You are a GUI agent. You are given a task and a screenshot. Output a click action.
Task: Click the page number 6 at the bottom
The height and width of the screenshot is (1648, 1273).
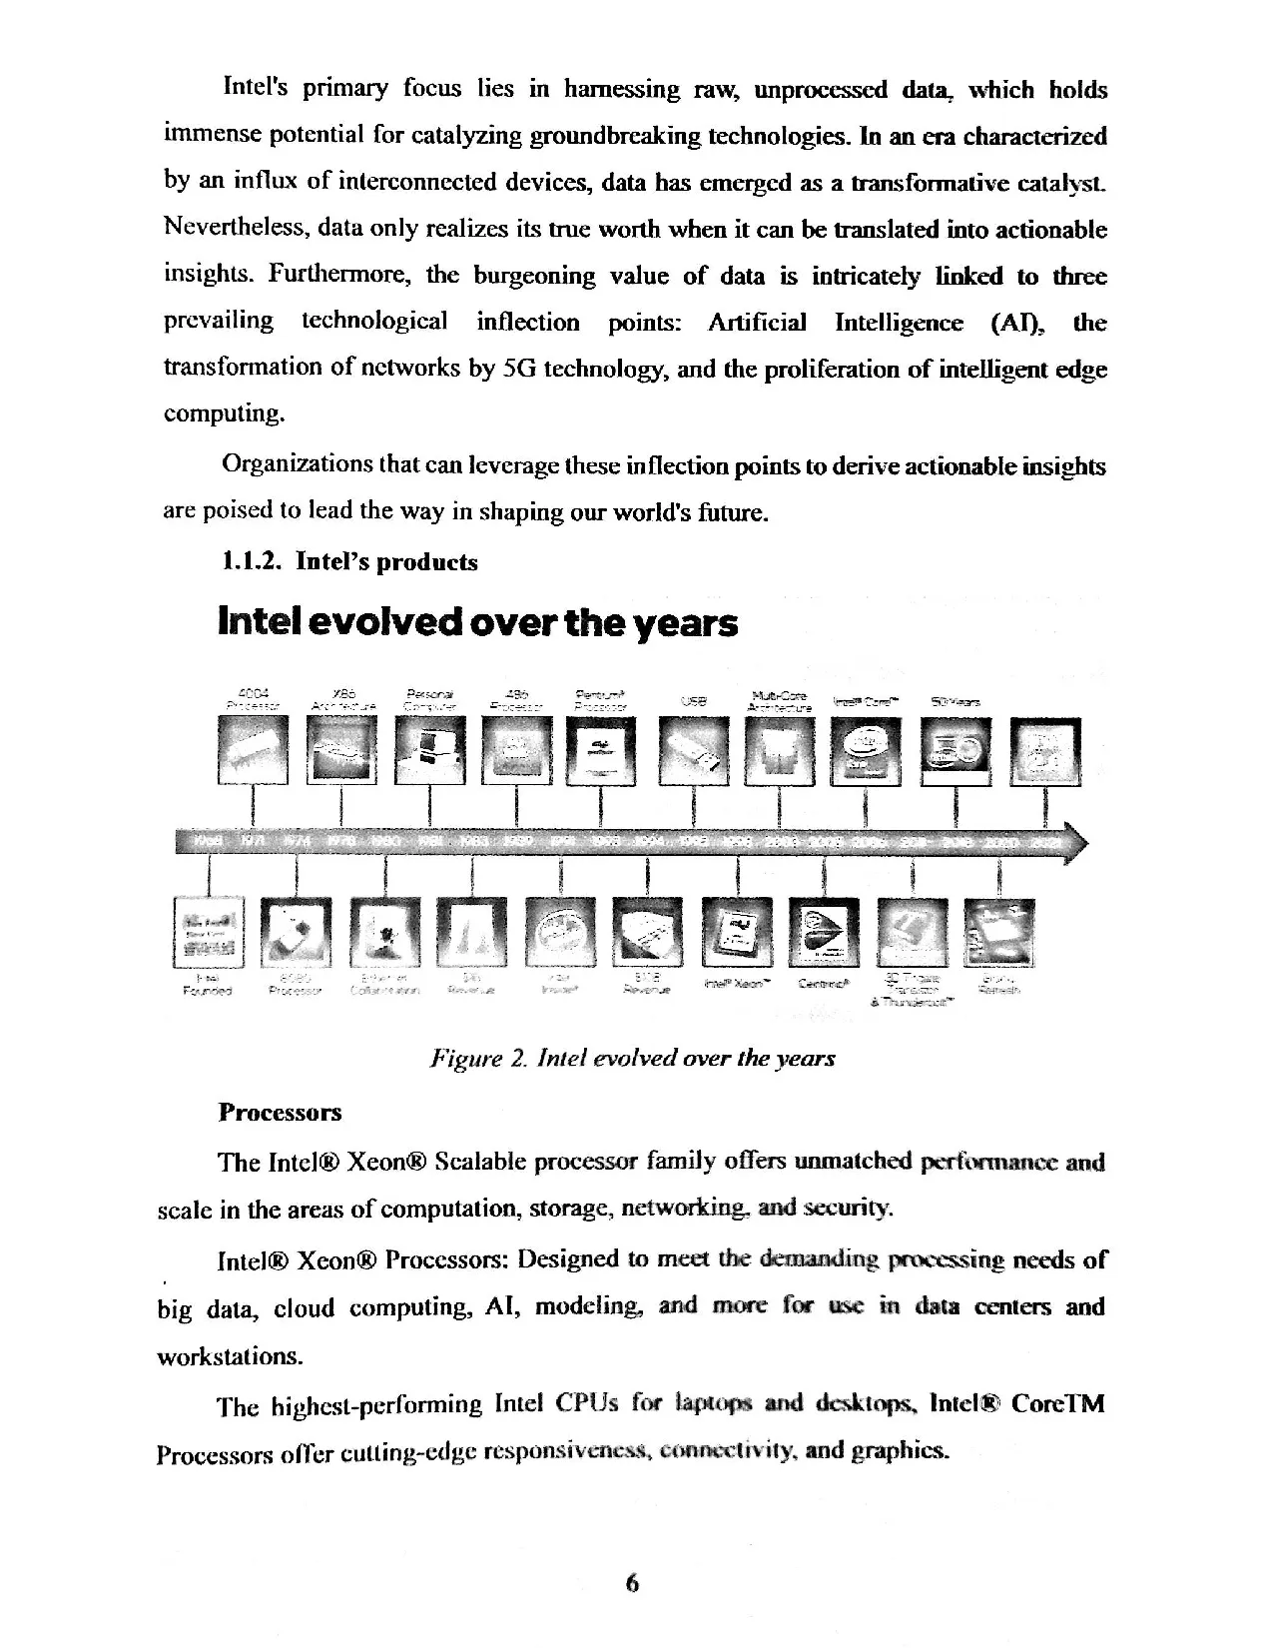coord(631,1583)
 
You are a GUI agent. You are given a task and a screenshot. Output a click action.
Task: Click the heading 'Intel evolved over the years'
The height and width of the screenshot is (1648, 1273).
coord(477,623)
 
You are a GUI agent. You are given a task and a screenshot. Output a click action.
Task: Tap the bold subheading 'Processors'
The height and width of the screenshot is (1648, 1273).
coord(280,1112)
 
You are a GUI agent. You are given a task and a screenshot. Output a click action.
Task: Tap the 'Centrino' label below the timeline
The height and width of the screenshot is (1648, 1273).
coord(824,983)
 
